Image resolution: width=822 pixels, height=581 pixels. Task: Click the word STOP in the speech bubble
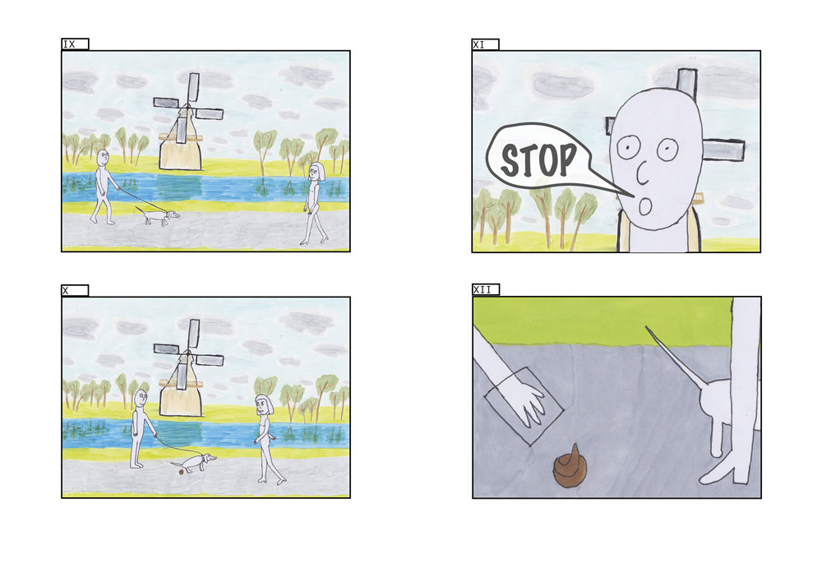[538, 159]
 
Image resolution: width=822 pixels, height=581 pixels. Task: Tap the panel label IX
[69, 44]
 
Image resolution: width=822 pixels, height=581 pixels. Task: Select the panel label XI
[478, 45]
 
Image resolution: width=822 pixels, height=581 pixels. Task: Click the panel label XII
[483, 290]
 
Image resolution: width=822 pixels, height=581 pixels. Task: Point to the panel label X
[66, 291]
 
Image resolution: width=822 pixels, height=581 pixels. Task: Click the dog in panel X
[194, 463]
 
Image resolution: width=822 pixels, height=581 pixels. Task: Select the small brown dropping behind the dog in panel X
[181, 472]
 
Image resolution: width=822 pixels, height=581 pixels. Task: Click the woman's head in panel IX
[316, 172]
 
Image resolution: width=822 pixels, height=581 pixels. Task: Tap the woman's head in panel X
[264, 405]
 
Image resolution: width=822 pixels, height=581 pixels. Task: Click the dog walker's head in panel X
[141, 399]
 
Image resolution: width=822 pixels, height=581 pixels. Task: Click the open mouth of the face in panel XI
[644, 207]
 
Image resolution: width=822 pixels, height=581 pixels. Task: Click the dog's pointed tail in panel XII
[674, 357]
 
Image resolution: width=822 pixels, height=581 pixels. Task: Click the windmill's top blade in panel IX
[193, 87]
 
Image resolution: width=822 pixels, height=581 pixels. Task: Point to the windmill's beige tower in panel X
[181, 389]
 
